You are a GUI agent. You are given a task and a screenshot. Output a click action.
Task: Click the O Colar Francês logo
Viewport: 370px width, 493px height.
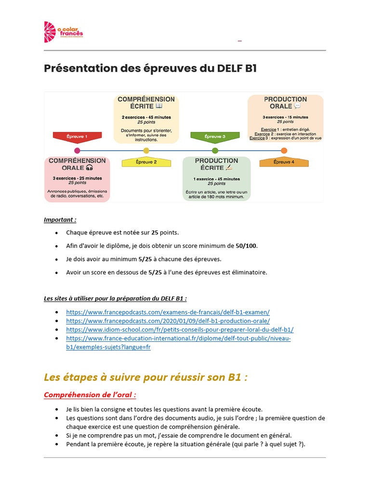pyautogui.click(x=63, y=32)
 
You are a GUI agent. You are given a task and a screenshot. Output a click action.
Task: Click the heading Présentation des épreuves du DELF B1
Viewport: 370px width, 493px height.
pyautogui.click(x=150, y=68)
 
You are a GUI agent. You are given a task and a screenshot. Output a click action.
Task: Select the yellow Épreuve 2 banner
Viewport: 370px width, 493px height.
pyautogui.click(x=146, y=162)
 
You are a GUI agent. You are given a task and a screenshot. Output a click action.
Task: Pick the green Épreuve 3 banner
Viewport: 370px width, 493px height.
pyautogui.click(x=215, y=137)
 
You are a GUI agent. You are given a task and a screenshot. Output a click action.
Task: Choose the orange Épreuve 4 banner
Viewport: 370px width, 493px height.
pyautogui.click(x=284, y=162)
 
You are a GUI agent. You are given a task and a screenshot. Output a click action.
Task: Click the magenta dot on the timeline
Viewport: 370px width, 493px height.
pyautogui.click(x=78, y=151)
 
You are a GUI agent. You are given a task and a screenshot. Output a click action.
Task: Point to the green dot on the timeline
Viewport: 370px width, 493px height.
pyautogui.click(x=215, y=151)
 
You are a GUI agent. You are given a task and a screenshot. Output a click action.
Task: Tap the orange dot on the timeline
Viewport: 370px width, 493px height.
pyautogui.click(x=284, y=151)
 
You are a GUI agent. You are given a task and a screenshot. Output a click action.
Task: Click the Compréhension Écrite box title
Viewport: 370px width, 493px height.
pyautogui.click(x=146, y=103)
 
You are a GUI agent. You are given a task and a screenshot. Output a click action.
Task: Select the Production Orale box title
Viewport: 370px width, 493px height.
pyautogui.click(x=285, y=103)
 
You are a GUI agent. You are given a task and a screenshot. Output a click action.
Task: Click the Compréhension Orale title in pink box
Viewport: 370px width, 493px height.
pyautogui.click(x=77, y=164)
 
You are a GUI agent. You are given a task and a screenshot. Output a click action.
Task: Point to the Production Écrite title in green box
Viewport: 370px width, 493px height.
pyautogui.click(x=216, y=164)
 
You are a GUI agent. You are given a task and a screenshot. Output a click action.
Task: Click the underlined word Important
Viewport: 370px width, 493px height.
pyautogui.click(x=60, y=220)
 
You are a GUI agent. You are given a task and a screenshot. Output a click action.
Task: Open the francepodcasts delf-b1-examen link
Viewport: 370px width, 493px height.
pyautogui.click(x=168, y=312)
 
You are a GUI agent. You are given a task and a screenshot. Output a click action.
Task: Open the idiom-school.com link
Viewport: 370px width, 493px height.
pyautogui.click(x=180, y=330)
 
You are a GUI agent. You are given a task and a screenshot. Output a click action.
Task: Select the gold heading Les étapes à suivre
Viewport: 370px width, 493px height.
pyautogui.click(x=145, y=377)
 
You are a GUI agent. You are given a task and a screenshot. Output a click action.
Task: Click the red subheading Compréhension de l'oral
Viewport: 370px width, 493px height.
pyautogui.click(x=90, y=395)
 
